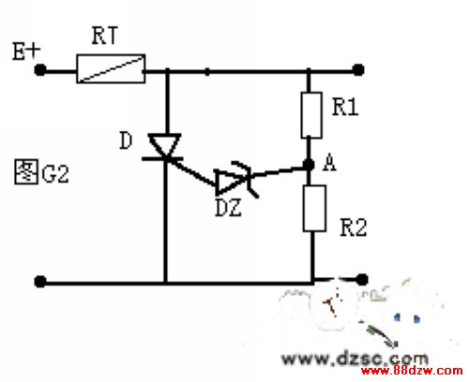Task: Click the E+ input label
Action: coord(26,51)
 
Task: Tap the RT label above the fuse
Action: coord(105,36)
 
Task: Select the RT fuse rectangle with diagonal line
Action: coord(111,68)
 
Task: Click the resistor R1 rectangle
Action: coord(311,115)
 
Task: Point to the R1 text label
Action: coord(345,107)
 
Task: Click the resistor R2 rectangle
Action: coord(314,208)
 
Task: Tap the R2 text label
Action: coord(354,228)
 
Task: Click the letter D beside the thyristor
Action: coord(126,140)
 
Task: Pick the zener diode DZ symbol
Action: coord(236,181)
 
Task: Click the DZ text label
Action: coord(229,208)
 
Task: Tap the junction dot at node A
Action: coord(309,164)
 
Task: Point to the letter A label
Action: coord(329,163)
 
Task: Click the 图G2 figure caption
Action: coord(41,171)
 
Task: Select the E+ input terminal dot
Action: coord(40,69)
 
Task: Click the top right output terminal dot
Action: coord(358,69)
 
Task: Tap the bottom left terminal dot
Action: coord(40,282)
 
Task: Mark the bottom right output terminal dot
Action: coord(362,280)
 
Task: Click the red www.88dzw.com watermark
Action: coord(412,371)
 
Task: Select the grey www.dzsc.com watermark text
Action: coord(355,359)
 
